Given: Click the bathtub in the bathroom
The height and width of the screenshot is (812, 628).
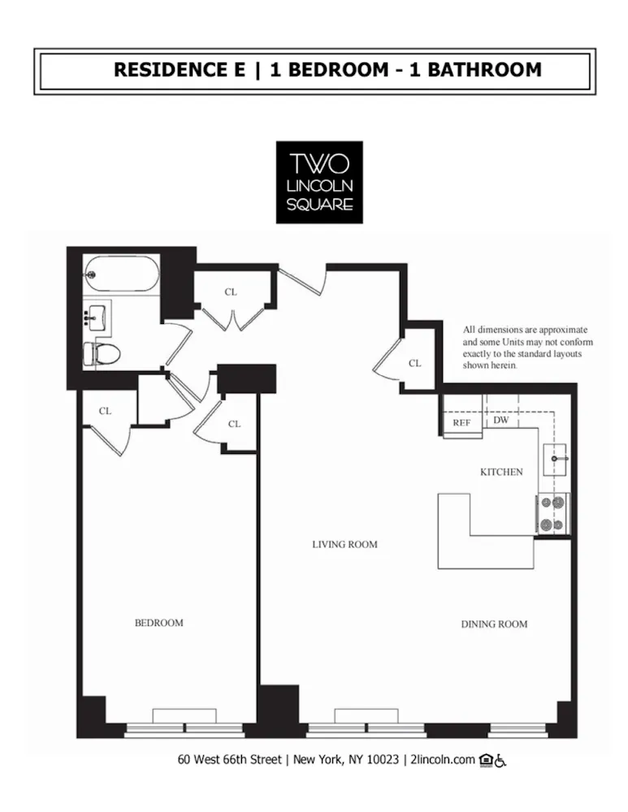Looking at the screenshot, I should (x=121, y=274).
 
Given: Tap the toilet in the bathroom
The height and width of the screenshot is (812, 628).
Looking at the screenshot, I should (x=103, y=353).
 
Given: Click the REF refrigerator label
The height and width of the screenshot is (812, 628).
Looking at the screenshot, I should (x=461, y=423).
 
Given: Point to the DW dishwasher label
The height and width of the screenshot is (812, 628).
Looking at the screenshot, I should (x=501, y=420).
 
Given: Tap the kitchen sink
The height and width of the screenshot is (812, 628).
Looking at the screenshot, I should (x=556, y=460).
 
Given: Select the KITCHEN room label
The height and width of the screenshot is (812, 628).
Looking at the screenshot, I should (x=501, y=472).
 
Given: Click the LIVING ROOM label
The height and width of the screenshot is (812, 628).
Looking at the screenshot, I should (x=344, y=544).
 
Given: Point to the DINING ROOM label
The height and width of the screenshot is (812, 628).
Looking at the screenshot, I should (x=494, y=624).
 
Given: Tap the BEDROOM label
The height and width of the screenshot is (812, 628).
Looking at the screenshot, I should (x=158, y=623).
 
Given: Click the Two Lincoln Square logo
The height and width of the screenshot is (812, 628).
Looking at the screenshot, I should (x=319, y=182).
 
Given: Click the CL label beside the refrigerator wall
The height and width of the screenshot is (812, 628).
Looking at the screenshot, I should (x=415, y=363).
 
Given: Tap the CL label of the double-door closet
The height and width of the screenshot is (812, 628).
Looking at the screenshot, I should (x=231, y=292).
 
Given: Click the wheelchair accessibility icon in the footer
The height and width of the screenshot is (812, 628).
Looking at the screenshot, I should (x=500, y=761).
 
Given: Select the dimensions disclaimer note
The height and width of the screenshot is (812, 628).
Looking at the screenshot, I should (x=527, y=348).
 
